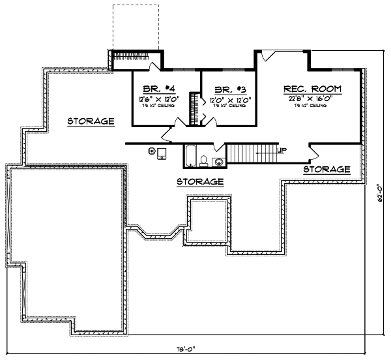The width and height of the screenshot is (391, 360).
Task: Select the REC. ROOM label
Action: click(x=312, y=89)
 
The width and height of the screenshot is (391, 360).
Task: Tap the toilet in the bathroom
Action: click(x=204, y=160)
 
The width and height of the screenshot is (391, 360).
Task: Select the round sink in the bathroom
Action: click(x=220, y=161)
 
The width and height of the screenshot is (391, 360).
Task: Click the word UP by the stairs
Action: click(x=281, y=150)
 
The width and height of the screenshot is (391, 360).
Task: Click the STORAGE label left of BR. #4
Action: click(x=91, y=121)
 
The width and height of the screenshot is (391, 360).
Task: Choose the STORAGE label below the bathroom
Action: click(x=201, y=181)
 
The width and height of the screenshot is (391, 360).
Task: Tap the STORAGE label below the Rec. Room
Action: click(x=327, y=169)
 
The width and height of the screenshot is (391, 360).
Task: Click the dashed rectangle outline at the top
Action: click(x=135, y=26)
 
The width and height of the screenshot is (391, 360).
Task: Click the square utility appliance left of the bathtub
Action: click(x=162, y=153)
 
